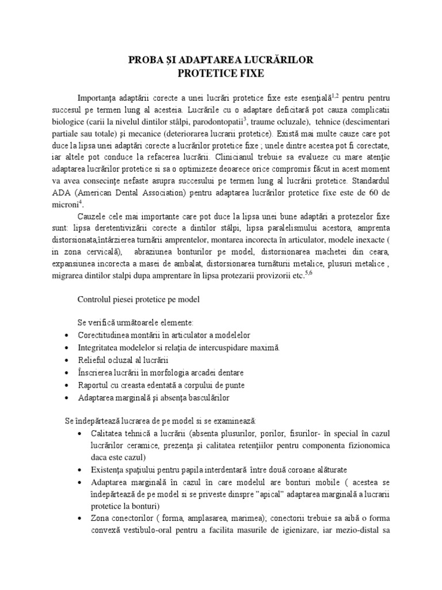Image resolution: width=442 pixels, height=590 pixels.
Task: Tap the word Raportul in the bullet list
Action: (96, 385)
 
